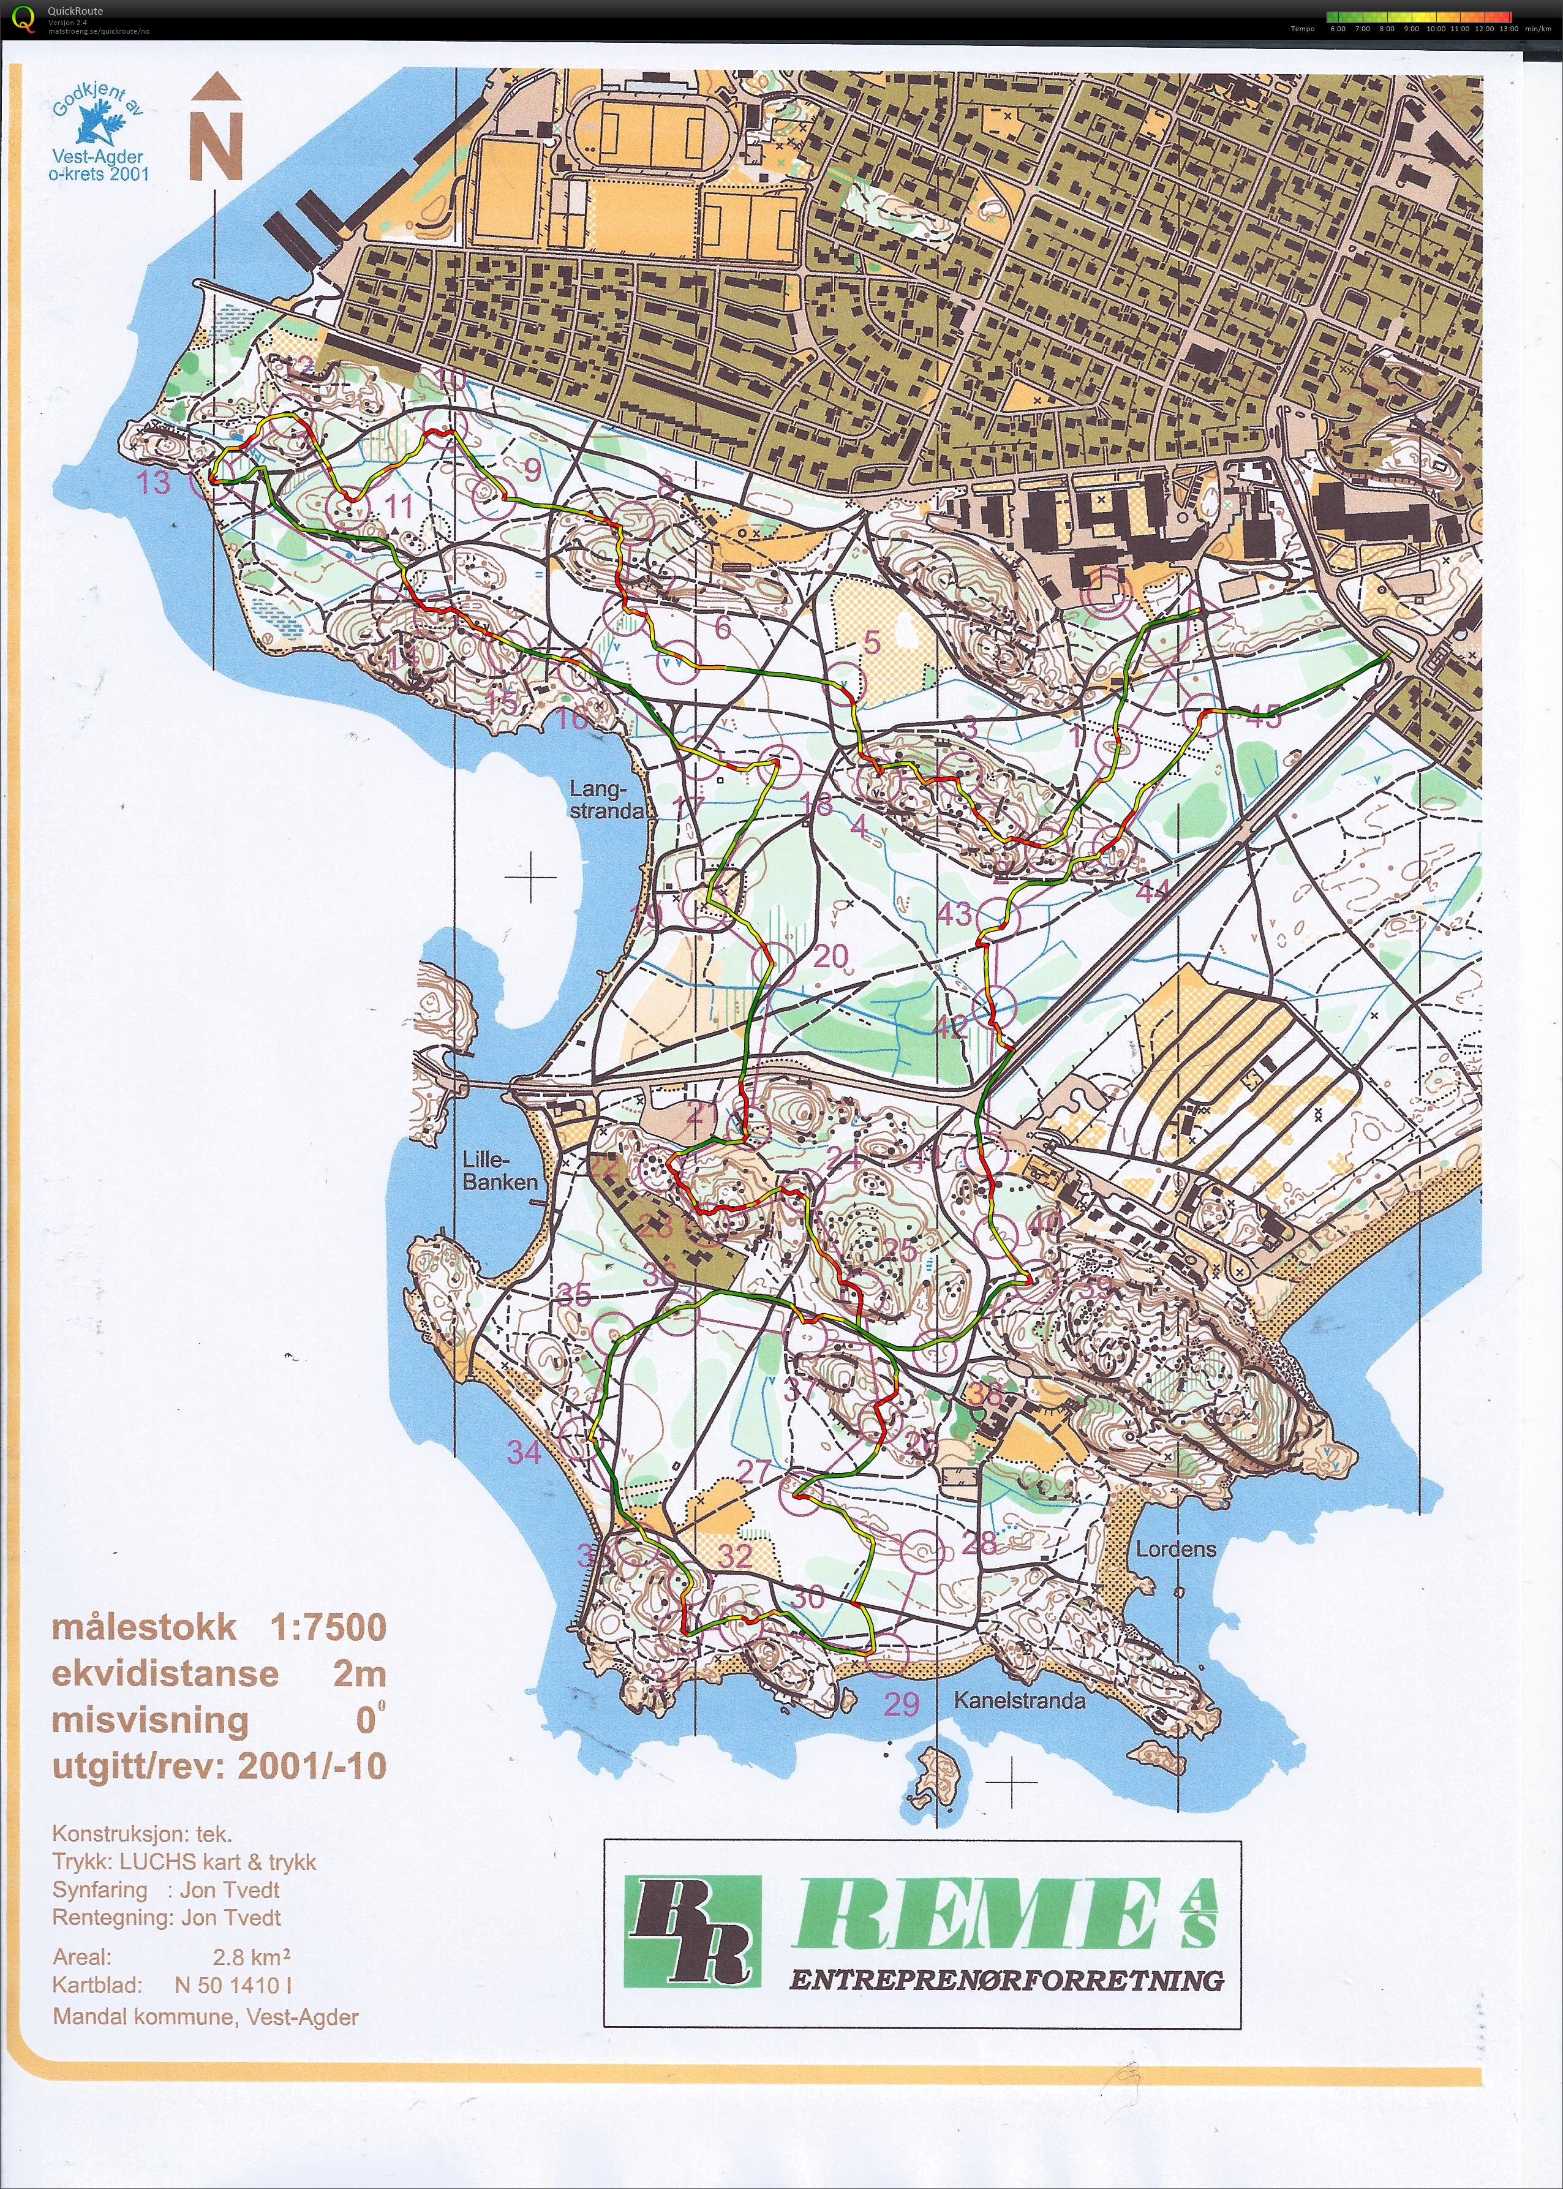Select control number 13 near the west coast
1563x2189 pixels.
pos(154,482)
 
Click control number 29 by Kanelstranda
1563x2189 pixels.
pos(902,1704)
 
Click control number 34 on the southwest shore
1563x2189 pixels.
pos(524,1452)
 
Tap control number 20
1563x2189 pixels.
pos(830,955)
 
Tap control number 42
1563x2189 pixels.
pos(951,1028)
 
